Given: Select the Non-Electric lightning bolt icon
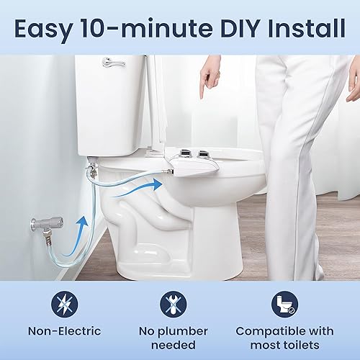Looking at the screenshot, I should (x=65, y=304).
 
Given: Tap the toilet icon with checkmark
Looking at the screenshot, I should (x=286, y=304).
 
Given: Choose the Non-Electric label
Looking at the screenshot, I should (x=65, y=331).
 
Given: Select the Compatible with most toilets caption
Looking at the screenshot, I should (x=286, y=338).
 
